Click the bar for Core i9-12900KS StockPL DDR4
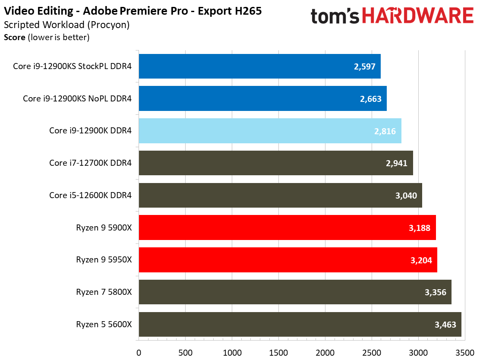259,66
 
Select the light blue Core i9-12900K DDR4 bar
270,131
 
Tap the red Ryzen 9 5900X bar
287,227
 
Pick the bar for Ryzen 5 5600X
300,324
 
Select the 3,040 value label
406,196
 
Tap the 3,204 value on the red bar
421,260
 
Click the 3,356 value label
436,292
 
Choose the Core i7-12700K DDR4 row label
90,163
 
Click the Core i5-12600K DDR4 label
90,196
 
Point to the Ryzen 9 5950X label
104,260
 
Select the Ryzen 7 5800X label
104,292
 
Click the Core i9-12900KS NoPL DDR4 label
77,99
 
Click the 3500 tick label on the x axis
464,352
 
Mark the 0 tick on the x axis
139,352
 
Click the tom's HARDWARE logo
392,16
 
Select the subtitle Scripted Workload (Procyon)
66,25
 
